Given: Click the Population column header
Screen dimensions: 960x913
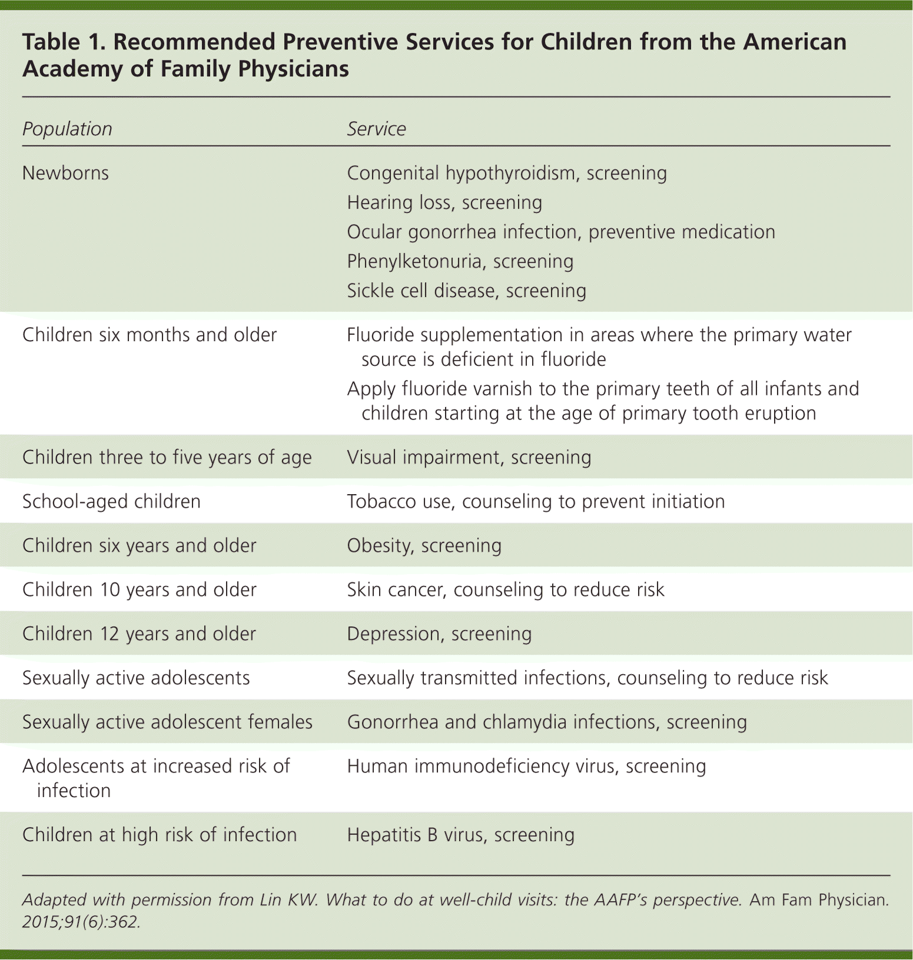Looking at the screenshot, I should tap(67, 129).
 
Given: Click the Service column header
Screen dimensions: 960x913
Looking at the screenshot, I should tap(376, 129).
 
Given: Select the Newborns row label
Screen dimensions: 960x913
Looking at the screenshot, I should tap(65, 173).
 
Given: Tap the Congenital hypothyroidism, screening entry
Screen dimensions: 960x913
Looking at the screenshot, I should tap(506, 173).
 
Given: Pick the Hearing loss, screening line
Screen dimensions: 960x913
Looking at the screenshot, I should tap(444, 202).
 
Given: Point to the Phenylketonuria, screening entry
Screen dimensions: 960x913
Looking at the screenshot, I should tap(460, 261).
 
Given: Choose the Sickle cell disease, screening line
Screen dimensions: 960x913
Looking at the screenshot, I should tap(466, 291).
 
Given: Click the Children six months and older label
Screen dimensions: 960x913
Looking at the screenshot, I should tap(149, 335).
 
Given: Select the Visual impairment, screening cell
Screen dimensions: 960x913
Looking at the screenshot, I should tap(469, 457).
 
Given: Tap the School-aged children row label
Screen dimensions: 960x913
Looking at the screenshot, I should tap(111, 501).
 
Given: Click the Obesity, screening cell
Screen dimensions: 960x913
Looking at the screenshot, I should tap(424, 545).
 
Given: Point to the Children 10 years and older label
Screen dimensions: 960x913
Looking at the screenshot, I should tap(139, 589).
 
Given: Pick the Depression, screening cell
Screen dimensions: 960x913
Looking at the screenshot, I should tap(439, 634).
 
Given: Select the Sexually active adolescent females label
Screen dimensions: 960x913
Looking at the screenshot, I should tap(167, 722).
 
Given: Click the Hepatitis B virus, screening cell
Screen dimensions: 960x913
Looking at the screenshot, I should tap(460, 835).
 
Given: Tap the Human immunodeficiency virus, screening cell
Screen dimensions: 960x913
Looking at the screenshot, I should tap(526, 766).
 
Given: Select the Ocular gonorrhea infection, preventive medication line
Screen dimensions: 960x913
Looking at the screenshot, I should tap(560, 232).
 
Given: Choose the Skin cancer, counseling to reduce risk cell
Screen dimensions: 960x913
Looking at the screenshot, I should tap(505, 589).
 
